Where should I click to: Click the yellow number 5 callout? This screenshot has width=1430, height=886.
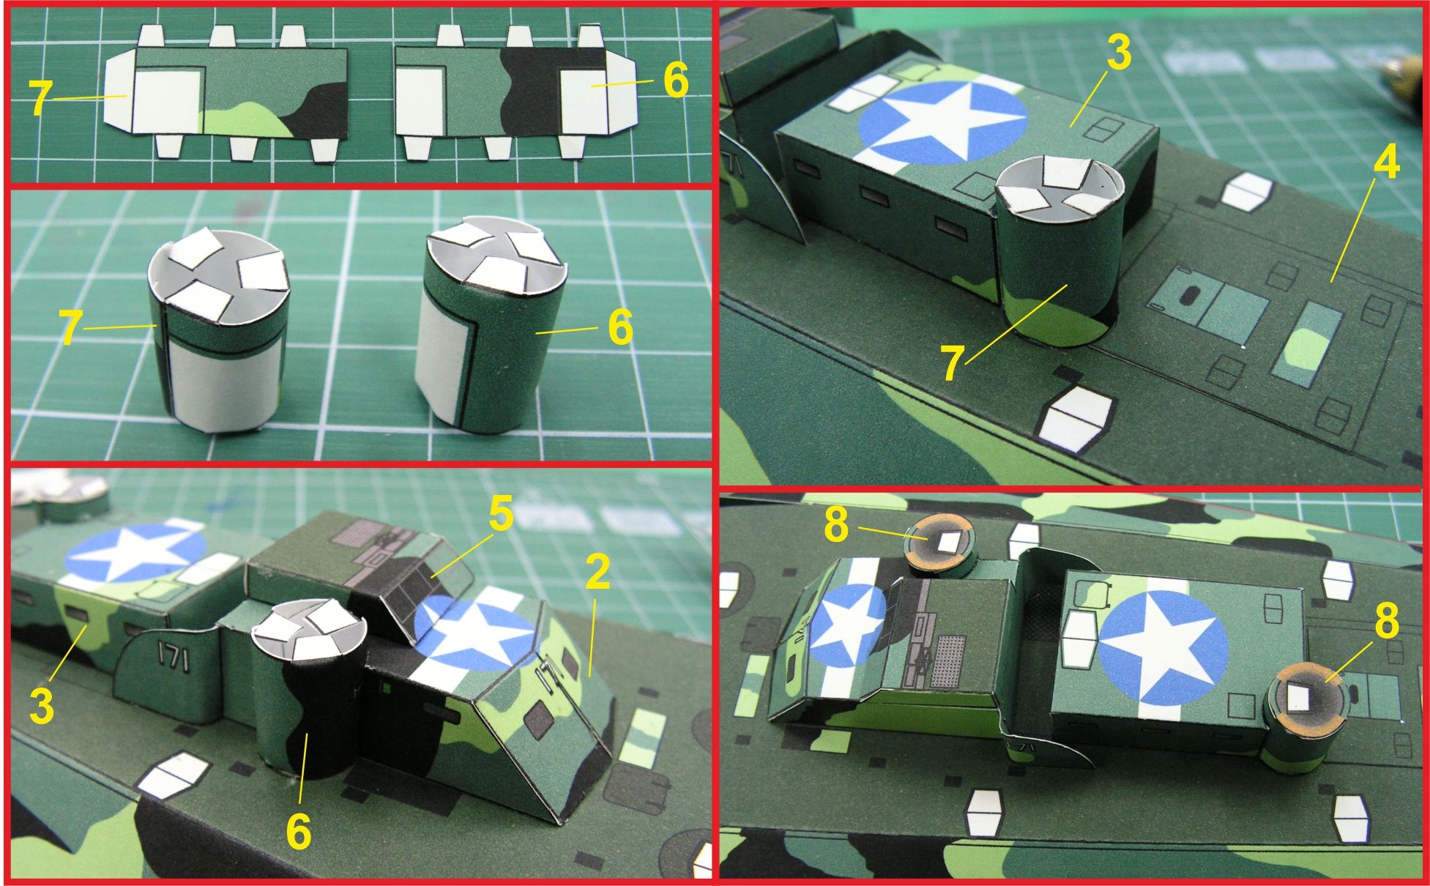pyautogui.click(x=502, y=515)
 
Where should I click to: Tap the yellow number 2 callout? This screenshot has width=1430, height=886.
pyautogui.click(x=597, y=573)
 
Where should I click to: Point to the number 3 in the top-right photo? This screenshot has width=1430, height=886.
pyautogui.click(x=1118, y=52)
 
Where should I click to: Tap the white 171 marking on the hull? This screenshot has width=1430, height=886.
pyautogui.click(x=174, y=657)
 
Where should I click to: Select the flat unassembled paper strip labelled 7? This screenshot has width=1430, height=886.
pyautogui.click(x=227, y=91)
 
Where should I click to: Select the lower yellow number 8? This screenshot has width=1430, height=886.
pyautogui.click(x=1386, y=619)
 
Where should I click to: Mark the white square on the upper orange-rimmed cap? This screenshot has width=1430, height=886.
pyautogui.click(x=947, y=542)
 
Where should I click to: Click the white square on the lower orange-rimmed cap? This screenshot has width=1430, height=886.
pyautogui.click(x=1298, y=698)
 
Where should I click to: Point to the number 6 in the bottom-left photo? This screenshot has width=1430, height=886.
pyautogui.click(x=298, y=831)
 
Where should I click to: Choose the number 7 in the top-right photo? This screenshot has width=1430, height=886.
pyautogui.click(x=952, y=363)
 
